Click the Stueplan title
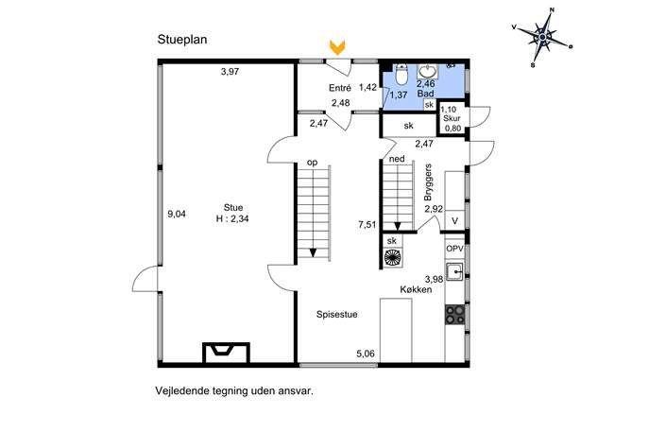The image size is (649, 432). [x=182, y=40]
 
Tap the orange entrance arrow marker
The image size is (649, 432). [x=338, y=47]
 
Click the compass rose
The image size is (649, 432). [x=542, y=37]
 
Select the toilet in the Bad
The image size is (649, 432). [x=401, y=73]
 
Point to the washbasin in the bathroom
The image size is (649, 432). [x=426, y=71]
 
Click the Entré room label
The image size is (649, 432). [x=340, y=88]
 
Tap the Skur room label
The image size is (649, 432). [x=452, y=118]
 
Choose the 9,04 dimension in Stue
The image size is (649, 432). [x=177, y=215]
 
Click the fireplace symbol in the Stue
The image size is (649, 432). [x=226, y=353]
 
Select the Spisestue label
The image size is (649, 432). [x=337, y=315]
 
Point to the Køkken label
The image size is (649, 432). [x=416, y=289]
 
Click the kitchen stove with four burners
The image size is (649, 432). [x=455, y=315]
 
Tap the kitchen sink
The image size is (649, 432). [x=455, y=271]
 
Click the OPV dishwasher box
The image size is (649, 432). [x=454, y=249]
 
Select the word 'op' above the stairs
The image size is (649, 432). [x=312, y=164]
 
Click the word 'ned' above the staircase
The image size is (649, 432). [x=397, y=159]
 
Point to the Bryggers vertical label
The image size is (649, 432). [x=428, y=182]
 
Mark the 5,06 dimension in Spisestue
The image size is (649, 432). [x=366, y=354]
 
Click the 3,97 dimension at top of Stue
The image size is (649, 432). [x=230, y=72]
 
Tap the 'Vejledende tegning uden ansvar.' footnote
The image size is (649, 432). [x=234, y=391]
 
